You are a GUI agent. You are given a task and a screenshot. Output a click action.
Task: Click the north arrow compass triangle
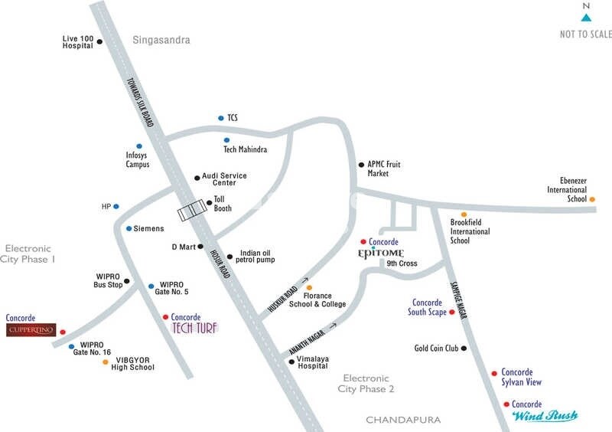(586, 17)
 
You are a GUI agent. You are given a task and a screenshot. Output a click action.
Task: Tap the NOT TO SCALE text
(586, 34)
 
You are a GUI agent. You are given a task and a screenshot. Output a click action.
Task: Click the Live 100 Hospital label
(77, 41)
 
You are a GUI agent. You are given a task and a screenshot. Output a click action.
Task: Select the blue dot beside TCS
(220, 118)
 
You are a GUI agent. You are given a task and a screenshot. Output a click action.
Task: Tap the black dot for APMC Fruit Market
(361, 165)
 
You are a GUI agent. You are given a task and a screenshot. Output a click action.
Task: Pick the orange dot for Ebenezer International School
(593, 199)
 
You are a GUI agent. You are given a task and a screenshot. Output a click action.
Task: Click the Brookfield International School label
(470, 231)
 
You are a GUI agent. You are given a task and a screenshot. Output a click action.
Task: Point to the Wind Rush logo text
(544, 416)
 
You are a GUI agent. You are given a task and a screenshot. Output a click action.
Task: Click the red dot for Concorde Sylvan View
(494, 374)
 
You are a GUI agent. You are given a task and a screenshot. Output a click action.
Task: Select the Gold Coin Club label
(436, 348)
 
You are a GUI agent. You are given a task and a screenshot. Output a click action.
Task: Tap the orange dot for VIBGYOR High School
(105, 362)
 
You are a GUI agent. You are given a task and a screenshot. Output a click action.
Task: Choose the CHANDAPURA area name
(402, 420)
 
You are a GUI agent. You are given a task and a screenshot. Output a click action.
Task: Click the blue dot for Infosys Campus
(139, 146)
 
